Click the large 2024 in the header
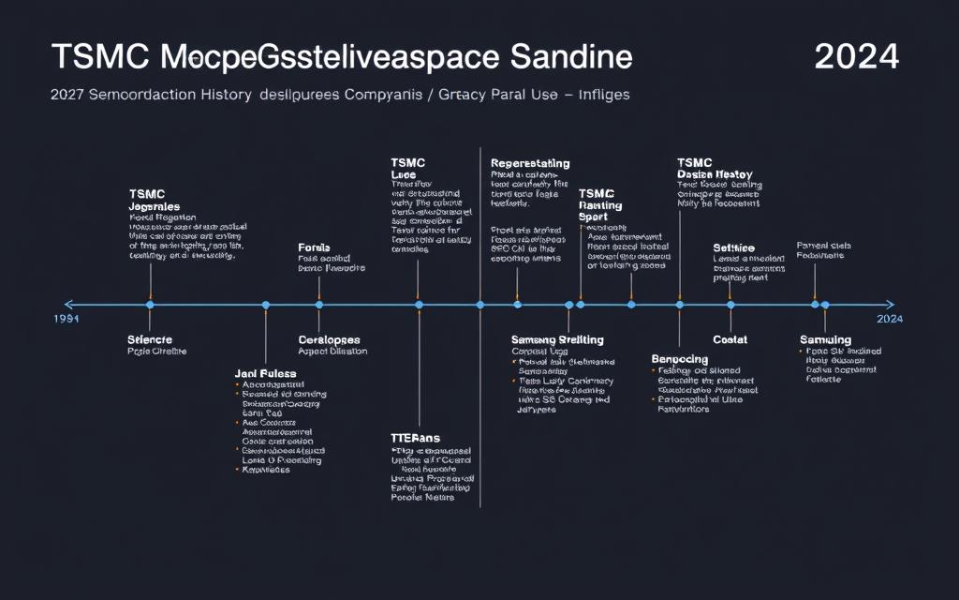pos(856,57)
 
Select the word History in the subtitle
pos(218,95)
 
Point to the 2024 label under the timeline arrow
pos(889,319)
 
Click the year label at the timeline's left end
pos(66,319)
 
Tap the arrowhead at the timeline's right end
pos(890,305)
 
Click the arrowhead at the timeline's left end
pos(67,305)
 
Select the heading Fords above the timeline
pos(315,248)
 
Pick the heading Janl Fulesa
pos(264,373)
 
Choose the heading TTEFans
pos(415,438)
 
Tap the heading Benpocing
pos(680,359)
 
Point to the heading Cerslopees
pos(329,339)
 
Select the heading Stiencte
pos(150,339)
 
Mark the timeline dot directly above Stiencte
pos(150,305)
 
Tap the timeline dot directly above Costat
pos(730,305)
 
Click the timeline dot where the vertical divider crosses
pos(480,305)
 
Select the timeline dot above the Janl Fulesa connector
pos(266,305)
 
